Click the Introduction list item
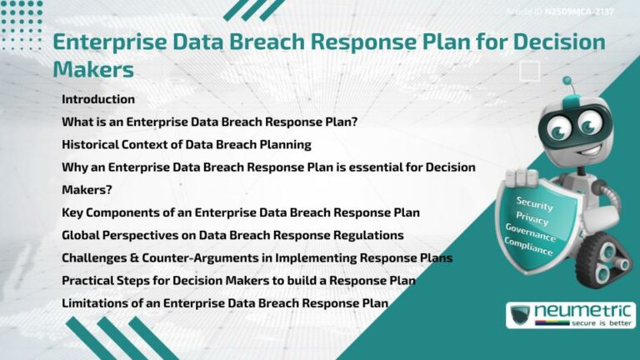[98, 99]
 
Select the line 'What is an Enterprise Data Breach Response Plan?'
[209, 122]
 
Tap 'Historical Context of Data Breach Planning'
[187, 144]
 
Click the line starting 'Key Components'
[240, 212]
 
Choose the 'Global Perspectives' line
[232, 235]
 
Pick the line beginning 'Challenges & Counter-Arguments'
[257, 257]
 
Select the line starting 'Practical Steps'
[238, 280]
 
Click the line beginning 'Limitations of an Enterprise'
[225, 302]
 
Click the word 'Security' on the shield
[534, 203]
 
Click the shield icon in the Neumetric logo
[520, 314]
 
